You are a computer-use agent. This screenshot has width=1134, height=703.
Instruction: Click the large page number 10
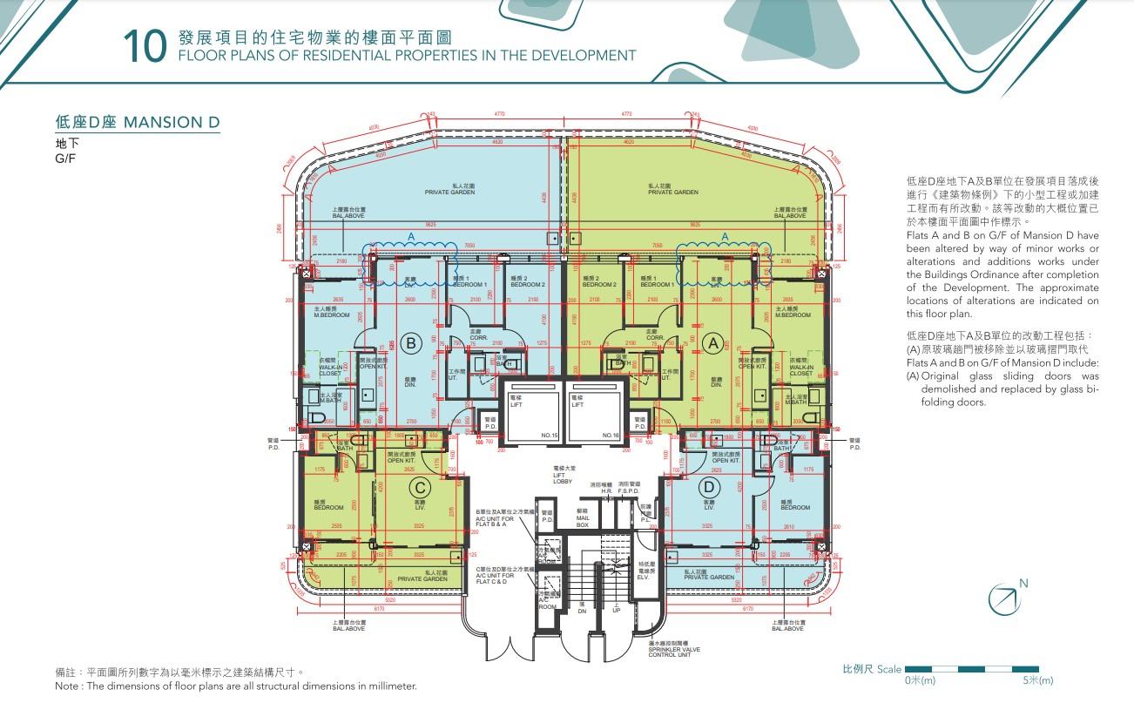tap(144, 47)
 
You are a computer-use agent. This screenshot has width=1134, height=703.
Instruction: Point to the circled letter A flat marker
tap(712, 344)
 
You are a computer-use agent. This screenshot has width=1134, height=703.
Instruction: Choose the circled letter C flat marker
tap(420, 487)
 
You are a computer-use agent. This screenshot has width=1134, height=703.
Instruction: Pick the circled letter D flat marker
tap(710, 487)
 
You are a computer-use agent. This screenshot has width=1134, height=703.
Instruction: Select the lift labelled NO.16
tap(596, 409)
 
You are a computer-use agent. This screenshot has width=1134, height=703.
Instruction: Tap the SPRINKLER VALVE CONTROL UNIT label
tap(670, 649)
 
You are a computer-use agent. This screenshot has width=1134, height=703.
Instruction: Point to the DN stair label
tap(582, 608)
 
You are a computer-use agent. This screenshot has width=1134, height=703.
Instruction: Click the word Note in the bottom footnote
tap(66, 686)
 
